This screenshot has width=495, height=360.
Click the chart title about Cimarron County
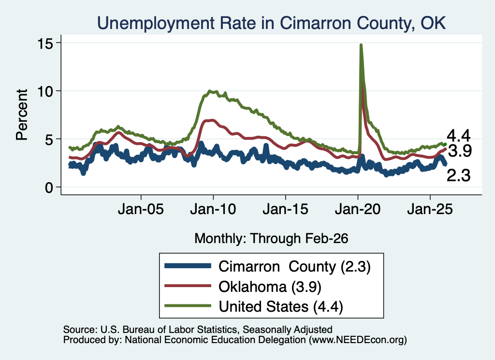pyautogui.click(x=272, y=23)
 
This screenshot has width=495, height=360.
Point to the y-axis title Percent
pyautogui.click(x=22, y=115)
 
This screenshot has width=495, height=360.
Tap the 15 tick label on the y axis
pyautogui.click(x=45, y=43)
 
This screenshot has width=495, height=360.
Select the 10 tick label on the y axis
pyautogui.click(x=45, y=91)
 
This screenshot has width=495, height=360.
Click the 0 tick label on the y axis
pyautogui.click(x=49, y=187)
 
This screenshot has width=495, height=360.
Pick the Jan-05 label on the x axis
pyautogui.click(x=141, y=209)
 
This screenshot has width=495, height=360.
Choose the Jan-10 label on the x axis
pyautogui.click(x=213, y=209)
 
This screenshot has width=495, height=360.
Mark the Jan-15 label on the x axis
pyautogui.click(x=285, y=209)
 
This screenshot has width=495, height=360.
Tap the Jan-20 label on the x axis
pyautogui.click(x=358, y=209)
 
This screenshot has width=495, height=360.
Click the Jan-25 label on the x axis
pyautogui.click(x=430, y=209)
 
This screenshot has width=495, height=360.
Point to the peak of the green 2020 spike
pyautogui.click(x=361, y=45)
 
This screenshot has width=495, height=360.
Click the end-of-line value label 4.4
pyautogui.click(x=459, y=136)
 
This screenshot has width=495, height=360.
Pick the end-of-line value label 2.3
pyautogui.click(x=459, y=175)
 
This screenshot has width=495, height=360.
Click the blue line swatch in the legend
pyautogui.click(x=188, y=266)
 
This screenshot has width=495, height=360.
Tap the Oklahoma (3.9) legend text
pyautogui.click(x=270, y=287)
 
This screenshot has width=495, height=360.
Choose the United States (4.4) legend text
pyautogui.click(x=281, y=307)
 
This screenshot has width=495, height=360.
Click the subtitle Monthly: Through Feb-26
pyautogui.click(x=271, y=238)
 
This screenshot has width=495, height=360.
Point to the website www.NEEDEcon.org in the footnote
pyautogui.click(x=357, y=340)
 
